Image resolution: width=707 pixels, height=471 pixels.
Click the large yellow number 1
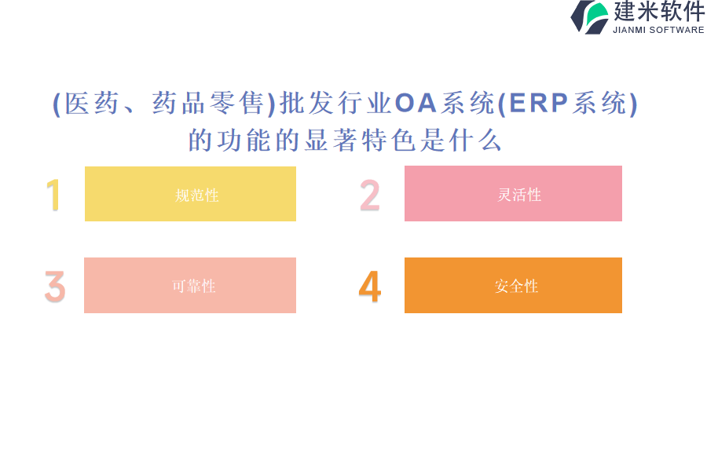53,195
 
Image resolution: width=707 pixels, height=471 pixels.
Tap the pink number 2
370,195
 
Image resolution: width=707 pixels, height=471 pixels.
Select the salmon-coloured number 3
55,287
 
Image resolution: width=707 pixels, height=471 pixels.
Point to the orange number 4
370,287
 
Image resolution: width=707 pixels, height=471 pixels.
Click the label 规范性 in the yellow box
197,195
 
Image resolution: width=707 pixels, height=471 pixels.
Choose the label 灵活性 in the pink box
519,195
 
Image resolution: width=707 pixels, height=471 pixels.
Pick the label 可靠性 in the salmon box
194,287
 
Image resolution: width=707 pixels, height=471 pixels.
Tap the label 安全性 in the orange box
516,287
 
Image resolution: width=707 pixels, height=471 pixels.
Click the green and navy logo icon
590,17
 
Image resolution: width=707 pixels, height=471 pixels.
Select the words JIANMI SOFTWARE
658,30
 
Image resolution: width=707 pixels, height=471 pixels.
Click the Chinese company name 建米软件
659,11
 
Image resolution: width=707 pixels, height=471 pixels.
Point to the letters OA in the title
416,103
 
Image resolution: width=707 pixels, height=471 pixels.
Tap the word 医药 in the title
92,103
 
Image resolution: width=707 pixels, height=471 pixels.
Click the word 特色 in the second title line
388,141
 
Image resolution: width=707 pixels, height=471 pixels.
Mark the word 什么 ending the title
475,141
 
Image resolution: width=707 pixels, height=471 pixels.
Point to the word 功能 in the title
244,141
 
